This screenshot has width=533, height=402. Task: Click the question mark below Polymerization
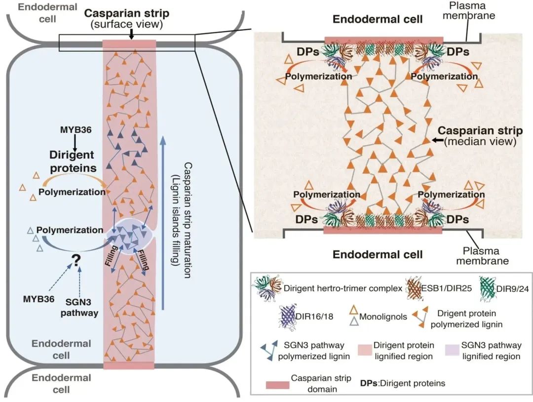(76, 261)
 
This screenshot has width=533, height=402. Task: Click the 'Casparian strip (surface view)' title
(126, 18)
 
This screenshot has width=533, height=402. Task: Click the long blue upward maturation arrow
(163, 223)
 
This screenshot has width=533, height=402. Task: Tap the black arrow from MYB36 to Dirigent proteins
(75, 141)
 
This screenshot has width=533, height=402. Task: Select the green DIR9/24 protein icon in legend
(488, 288)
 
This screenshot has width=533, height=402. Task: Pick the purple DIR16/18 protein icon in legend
(288, 317)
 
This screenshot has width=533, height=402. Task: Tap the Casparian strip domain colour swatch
(277, 385)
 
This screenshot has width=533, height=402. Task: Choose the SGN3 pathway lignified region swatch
(452, 350)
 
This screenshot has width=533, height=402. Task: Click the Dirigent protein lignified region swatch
(365, 350)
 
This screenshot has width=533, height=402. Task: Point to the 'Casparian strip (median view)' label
(480, 135)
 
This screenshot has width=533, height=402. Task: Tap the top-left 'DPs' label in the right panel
(308, 52)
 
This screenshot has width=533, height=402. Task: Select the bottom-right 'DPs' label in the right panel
(458, 219)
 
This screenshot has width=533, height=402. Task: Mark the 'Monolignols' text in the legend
(383, 317)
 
